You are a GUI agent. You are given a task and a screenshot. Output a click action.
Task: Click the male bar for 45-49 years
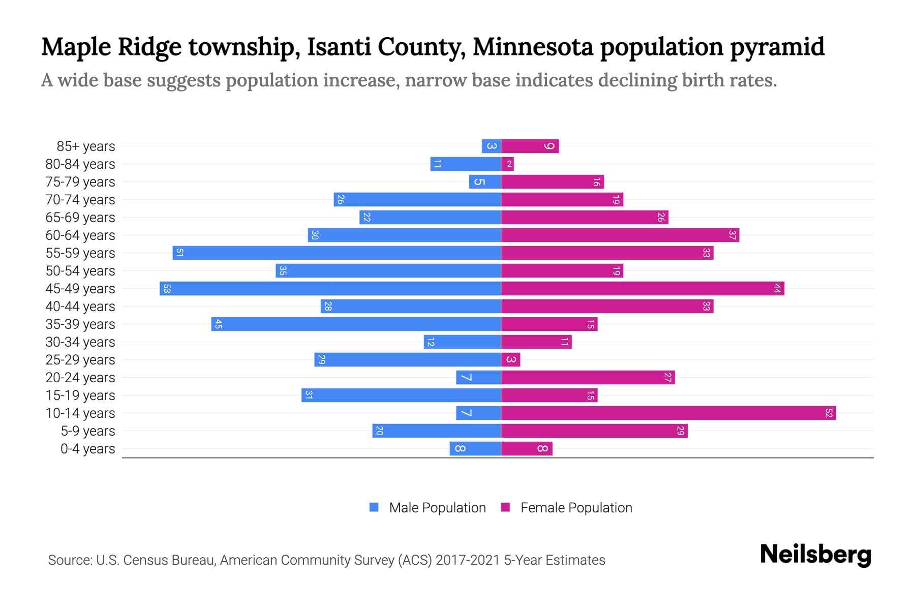tap(330, 288)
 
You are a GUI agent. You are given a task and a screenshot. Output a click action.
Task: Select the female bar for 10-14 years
tap(668, 413)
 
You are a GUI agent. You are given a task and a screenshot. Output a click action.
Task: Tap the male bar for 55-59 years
tap(337, 253)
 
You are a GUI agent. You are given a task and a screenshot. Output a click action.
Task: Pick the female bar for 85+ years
tap(530, 146)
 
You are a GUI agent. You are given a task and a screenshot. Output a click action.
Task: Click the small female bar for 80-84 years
tap(507, 164)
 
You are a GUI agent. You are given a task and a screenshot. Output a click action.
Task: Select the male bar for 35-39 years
tap(356, 324)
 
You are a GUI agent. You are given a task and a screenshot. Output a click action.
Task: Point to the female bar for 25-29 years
tap(510, 359)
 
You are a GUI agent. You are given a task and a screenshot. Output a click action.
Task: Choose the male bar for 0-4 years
tap(475, 448)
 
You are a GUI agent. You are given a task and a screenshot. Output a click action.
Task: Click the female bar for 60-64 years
tap(620, 235)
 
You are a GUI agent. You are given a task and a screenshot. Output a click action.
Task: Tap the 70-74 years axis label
tap(80, 200)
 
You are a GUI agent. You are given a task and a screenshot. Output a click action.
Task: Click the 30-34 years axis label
tap(80, 342)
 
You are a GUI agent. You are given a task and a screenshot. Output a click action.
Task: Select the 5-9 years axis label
tap(88, 431)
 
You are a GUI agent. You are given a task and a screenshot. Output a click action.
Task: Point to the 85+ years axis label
tap(86, 146)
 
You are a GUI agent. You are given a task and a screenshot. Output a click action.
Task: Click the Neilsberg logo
tap(815, 555)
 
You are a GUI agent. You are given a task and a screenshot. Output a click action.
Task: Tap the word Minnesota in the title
tap(533, 47)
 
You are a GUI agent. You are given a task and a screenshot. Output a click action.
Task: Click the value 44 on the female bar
tap(777, 288)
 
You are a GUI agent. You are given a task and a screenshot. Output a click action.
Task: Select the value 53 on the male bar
tap(167, 288)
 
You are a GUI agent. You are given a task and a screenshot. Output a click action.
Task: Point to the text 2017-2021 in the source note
tap(467, 560)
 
